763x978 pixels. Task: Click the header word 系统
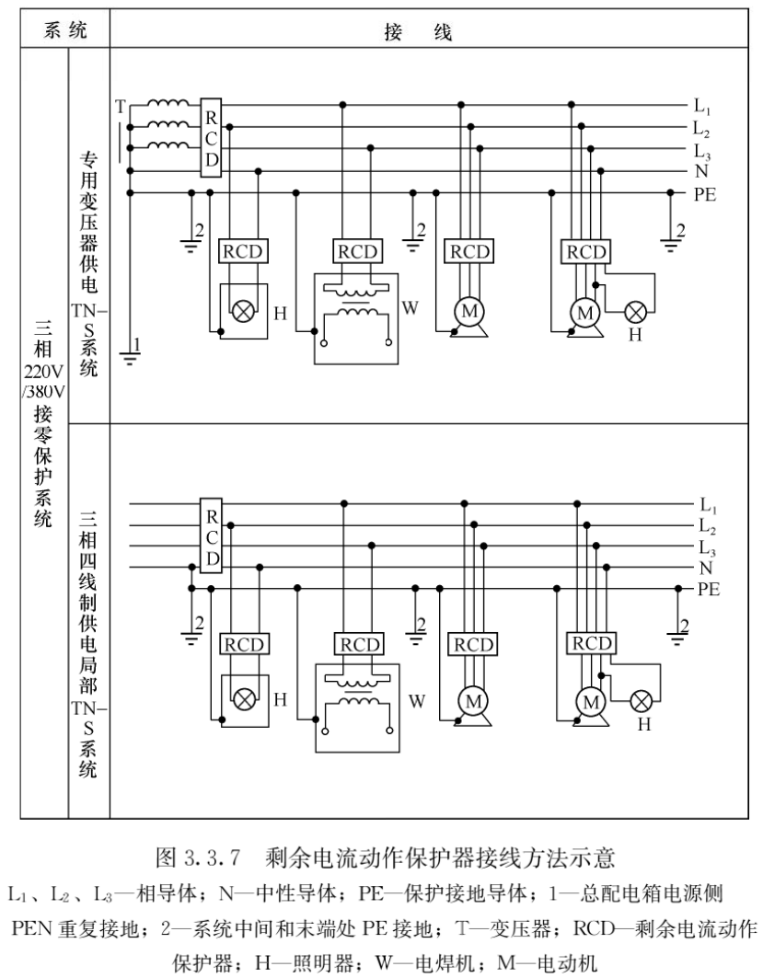pyautogui.click(x=64, y=29)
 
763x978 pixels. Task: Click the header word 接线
pyautogui.click(x=418, y=31)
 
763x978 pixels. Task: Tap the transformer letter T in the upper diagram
pyautogui.click(x=121, y=107)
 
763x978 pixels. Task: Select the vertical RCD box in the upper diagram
pyautogui.click(x=211, y=138)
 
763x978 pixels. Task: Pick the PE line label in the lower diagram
pyautogui.click(x=708, y=589)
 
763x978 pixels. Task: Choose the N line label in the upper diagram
pyautogui.click(x=700, y=171)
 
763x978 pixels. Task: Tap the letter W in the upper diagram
pyautogui.click(x=410, y=307)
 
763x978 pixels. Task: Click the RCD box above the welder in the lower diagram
pyautogui.click(x=361, y=644)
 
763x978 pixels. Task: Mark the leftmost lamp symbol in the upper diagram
pyautogui.click(x=241, y=311)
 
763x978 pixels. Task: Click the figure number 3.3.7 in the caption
pyautogui.click(x=213, y=858)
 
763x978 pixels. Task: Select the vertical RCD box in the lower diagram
pyautogui.click(x=212, y=535)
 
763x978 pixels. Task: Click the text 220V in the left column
pyautogui.click(x=43, y=373)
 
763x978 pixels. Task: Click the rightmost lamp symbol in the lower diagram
pyautogui.click(x=641, y=701)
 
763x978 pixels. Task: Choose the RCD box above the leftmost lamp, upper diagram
pyautogui.click(x=243, y=251)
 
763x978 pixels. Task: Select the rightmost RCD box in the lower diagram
pyautogui.click(x=592, y=643)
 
